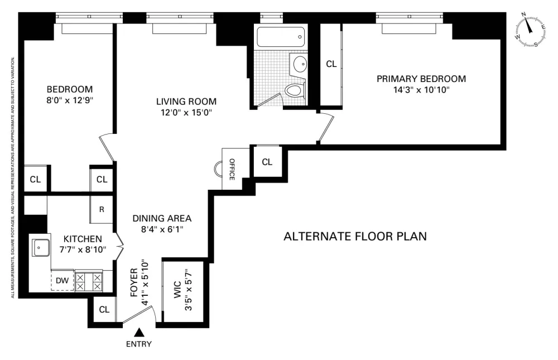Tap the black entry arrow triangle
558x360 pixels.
[139, 332]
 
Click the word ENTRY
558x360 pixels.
[139, 344]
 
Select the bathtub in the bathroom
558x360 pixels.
[281, 37]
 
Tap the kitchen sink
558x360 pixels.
[42, 247]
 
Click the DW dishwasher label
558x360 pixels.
[62, 280]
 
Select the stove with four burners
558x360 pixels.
[89, 281]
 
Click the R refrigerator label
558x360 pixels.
[102, 209]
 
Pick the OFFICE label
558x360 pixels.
[232, 169]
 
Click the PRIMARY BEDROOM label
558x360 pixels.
[421, 79]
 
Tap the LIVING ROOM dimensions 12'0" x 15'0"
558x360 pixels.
[186, 113]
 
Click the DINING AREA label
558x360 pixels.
[162, 218]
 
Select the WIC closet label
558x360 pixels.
[177, 290]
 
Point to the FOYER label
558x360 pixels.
[134, 282]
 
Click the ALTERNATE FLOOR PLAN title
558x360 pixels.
[355, 237]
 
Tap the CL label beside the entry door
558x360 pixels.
[104, 309]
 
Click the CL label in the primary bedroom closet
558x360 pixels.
[331, 64]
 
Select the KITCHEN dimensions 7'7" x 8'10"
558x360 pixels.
[83, 249]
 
